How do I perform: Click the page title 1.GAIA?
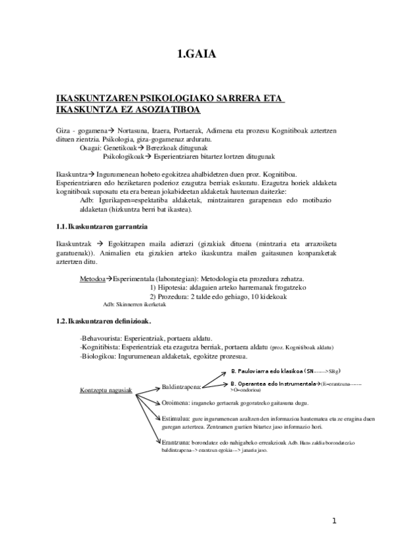tap(196, 55)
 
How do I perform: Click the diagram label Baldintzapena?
tap(181, 388)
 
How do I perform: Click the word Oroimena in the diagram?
tap(175, 402)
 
